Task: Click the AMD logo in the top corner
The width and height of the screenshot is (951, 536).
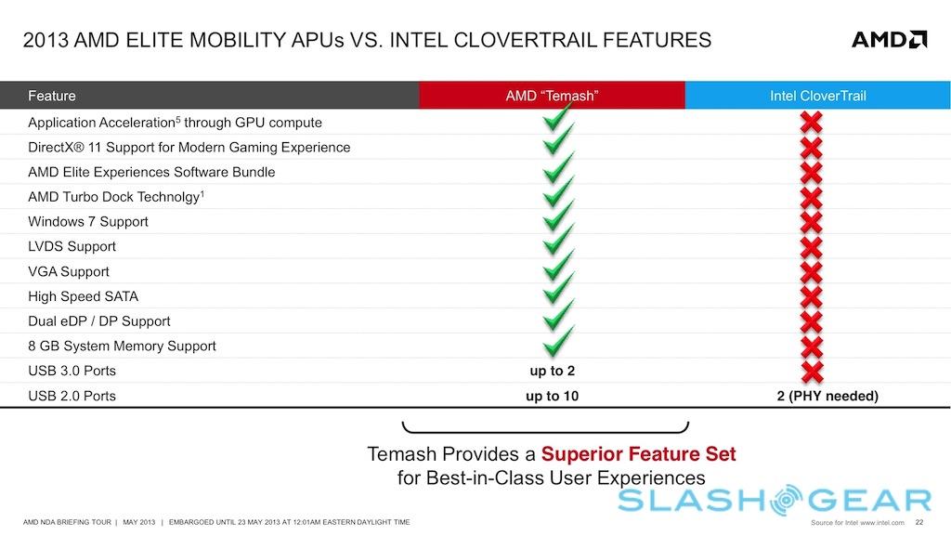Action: (889, 39)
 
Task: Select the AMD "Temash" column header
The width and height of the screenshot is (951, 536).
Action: (551, 96)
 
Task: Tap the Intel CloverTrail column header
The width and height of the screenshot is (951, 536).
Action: (817, 96)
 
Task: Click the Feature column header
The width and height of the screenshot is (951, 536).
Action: (52, 96)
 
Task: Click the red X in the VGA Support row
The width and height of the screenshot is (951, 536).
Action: (812, 272)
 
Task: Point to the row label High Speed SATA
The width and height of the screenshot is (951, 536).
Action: (83, 296)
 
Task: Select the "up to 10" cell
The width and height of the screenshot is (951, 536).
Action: (551, 396)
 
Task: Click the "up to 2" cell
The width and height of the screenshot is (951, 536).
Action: (551, 371)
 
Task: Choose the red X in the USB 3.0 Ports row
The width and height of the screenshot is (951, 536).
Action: (812, 371)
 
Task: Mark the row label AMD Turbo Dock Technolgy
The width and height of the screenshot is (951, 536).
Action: (114, 197)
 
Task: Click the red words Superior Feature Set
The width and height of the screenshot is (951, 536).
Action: (638, 454)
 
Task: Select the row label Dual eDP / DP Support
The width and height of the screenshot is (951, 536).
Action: (99, 321)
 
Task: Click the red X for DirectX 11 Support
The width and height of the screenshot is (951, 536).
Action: (812, 148)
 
